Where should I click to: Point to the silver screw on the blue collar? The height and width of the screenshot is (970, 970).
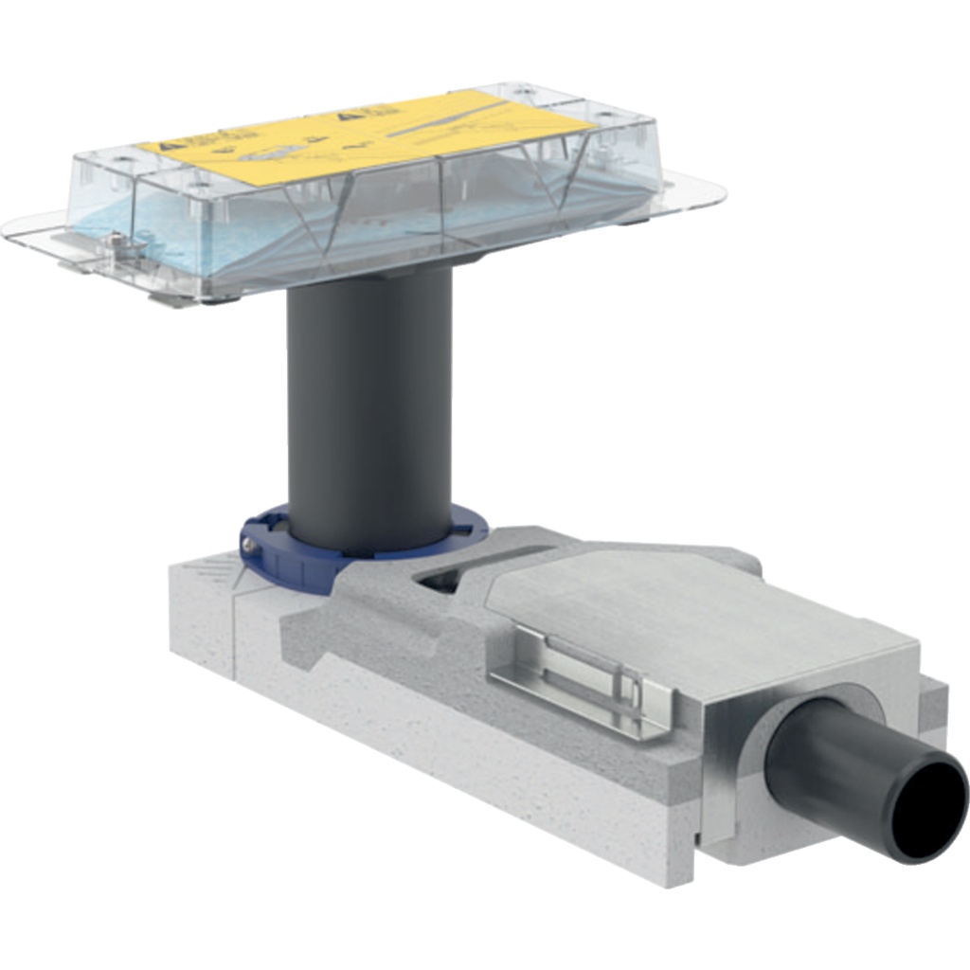tap(248, 546)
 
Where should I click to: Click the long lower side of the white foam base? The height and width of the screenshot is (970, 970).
tap(426, 748)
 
